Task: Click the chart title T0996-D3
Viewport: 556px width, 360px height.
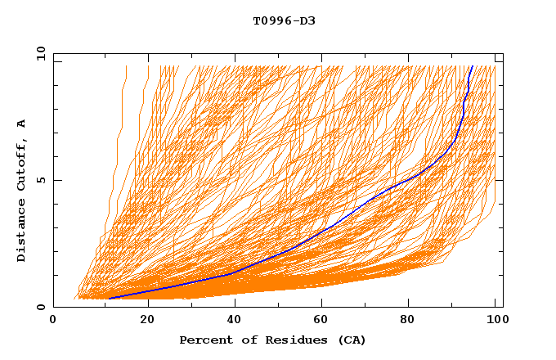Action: point(284,20)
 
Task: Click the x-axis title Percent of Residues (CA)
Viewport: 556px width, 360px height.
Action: point(272,340)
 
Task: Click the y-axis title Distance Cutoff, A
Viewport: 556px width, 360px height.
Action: point(21,191)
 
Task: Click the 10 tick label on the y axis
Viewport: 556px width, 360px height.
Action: point(40,53)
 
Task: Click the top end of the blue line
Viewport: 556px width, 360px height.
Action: point(472,65)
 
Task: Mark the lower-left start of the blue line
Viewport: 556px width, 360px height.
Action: point(109,299)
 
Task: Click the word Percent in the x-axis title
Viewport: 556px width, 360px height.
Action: point(202,340)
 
